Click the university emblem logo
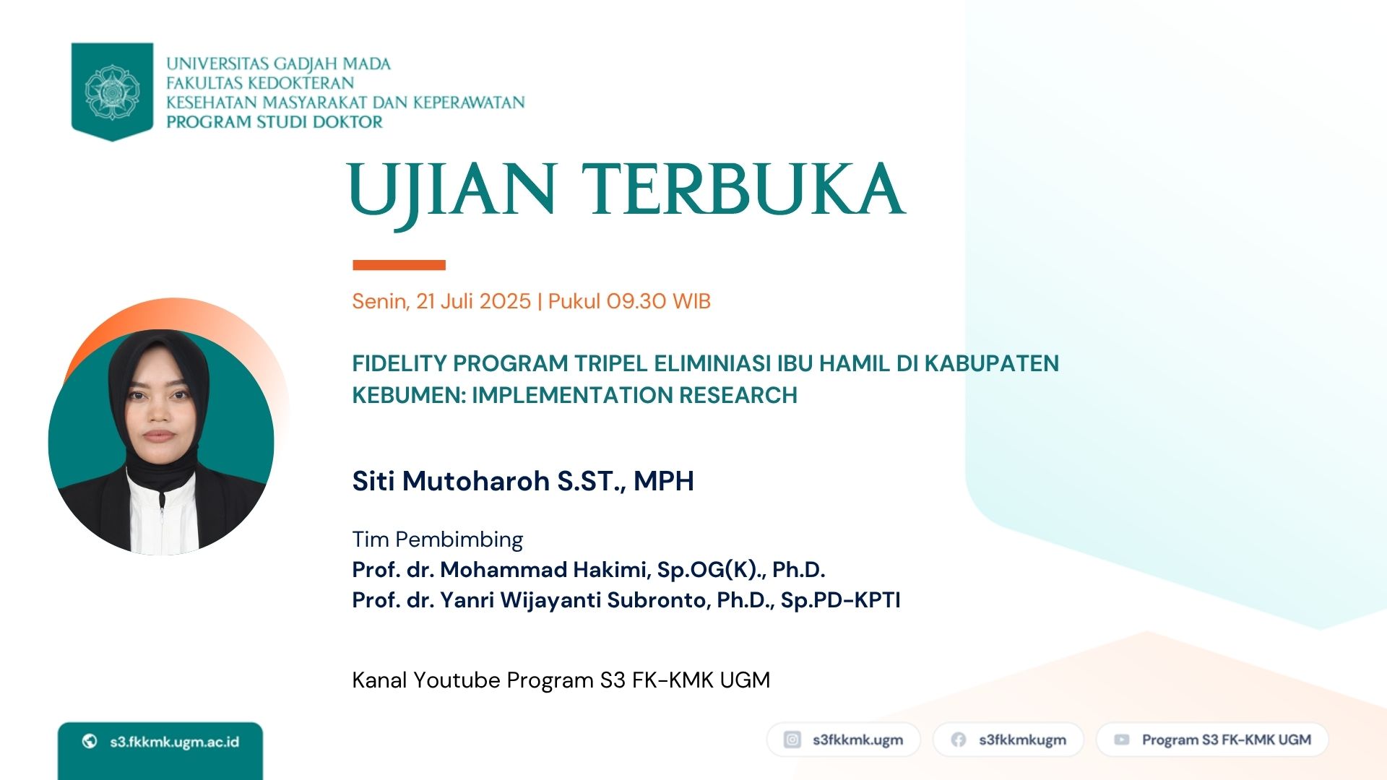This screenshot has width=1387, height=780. click(112, 92)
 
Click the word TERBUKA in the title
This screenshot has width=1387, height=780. click(743, 189)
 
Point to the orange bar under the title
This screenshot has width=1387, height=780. click(399, 265)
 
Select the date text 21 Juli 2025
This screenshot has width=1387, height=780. click(473, 301)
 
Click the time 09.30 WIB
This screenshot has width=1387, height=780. click(658, 301)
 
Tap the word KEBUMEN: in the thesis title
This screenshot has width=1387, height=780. click(409, 395)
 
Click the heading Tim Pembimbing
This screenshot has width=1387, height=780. click(438, 539)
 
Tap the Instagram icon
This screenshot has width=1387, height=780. click(792, 740)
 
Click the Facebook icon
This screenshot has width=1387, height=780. click(959, 740)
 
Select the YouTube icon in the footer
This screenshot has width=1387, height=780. click(1122, 740)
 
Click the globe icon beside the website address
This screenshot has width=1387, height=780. click(90, 741)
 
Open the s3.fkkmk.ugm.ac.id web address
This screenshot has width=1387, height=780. click(174, 742)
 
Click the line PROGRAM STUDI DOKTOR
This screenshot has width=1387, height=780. click(275, 121)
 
